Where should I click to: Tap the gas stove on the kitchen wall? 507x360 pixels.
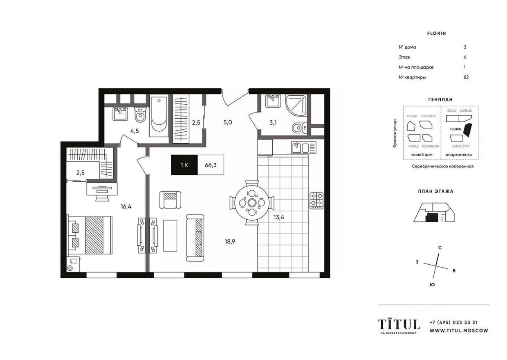[x=316, y=200]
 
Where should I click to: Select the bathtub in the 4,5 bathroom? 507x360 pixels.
[x=158, y=116]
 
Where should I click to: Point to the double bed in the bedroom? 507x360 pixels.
[x=92, y=235]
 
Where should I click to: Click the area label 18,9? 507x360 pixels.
[x=229, y=241]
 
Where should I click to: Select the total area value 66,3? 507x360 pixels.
[x=211, y=165]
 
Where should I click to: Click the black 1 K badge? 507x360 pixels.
[x=184, y=165]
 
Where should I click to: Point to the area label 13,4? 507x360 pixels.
[x=279, y=217]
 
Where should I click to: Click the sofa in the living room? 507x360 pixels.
[x=195, y=237]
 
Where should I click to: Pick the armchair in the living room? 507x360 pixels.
[x=169, y=200]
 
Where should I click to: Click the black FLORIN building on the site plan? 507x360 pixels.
[x=468, y=130]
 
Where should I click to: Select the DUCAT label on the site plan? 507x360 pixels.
[x=412, y=116]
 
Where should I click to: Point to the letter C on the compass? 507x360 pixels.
[x=440, y=248]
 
